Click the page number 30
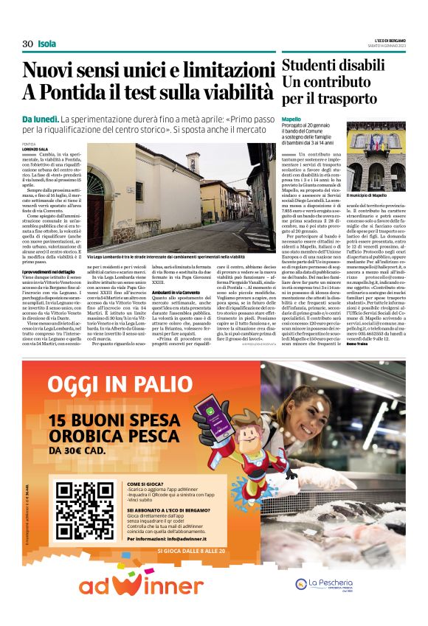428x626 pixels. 27,44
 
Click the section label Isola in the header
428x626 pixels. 46,44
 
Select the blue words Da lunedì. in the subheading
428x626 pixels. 39,119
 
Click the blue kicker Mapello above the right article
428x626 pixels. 291,119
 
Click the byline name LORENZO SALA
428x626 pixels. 35,149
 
